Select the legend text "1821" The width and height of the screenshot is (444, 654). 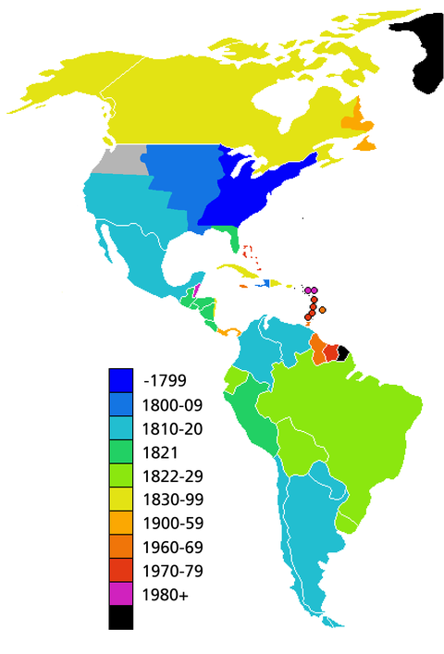click(x=159, y=451)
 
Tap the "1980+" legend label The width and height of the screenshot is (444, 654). click(x=166, y=594)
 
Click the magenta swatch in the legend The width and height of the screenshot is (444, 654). click(x=120, y=594)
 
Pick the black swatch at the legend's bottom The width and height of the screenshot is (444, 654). click(x=120, y=618)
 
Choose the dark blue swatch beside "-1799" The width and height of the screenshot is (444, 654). click(x=120, y=380)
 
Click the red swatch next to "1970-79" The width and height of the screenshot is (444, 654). click(x=120, y=571)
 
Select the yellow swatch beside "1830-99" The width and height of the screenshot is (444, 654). click(x=120, y=500)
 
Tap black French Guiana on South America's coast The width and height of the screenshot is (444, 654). click(x=342, y=352)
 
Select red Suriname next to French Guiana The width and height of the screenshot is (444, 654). click(x=331, y=352)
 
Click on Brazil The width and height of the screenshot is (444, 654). click(x=342, y=416)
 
